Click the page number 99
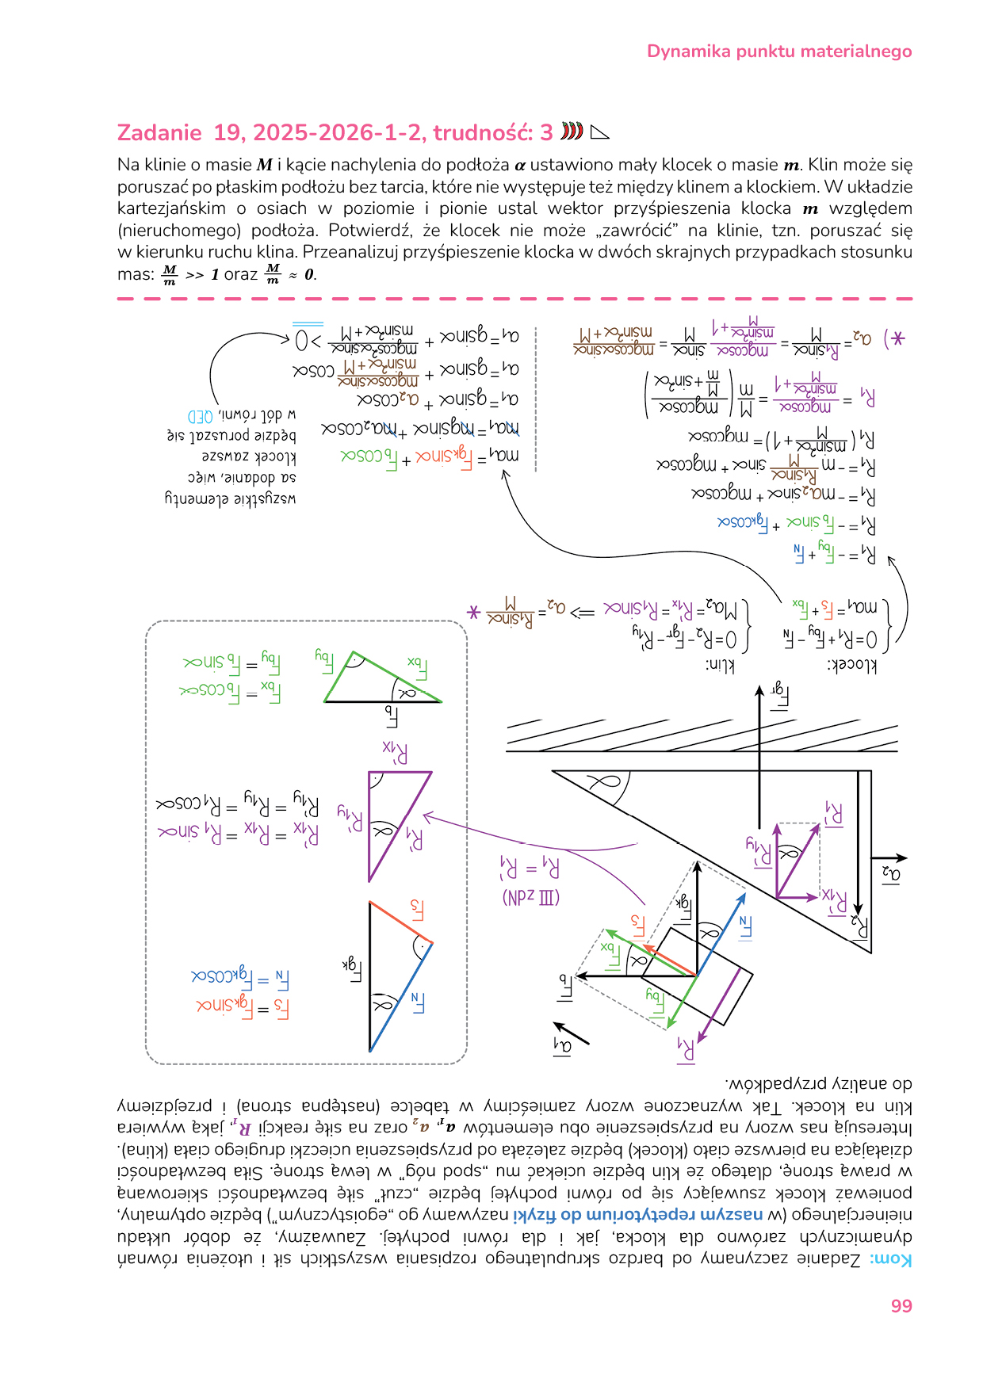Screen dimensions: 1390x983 click(901, 1306)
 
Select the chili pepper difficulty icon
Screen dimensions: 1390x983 click(572, 131)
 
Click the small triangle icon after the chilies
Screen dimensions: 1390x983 click(600, 132)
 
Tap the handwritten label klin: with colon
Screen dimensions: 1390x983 click(719, 665)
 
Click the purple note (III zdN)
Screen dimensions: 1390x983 click(530, 897)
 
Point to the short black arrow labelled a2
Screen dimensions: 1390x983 click(889, 858)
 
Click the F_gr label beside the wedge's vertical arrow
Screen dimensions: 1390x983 click(779, 695)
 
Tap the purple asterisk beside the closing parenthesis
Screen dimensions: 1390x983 click(897, 339)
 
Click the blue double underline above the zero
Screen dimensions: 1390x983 click(308, 324)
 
